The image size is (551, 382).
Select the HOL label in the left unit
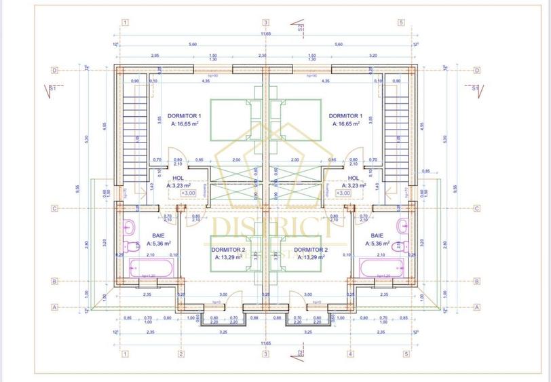click(x=178, y=178)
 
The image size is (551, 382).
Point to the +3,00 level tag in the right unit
click(x=345, y=193)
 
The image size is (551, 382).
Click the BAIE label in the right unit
click(x=377, y=235)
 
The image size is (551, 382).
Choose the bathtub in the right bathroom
click(x=383, y=268)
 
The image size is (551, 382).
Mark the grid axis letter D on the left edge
click(x=55, y=70)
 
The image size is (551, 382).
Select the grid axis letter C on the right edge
click(x=477, y=209)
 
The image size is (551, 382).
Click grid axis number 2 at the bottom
click(x=181, y=354)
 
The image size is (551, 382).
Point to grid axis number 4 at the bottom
click(x=350, y=354)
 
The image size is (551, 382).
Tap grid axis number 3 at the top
click(x=265, y=22)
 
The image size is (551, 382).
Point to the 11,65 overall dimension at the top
click(x=265, y=33)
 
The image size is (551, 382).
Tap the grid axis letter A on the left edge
click(x=55, y=306)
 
